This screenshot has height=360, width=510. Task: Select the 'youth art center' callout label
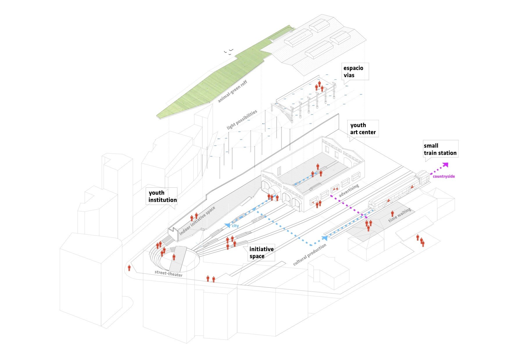[x=363, y=129]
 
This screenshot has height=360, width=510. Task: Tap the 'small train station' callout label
[x=440, y=149]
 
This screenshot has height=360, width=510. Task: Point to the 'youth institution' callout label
[x=162, y=196]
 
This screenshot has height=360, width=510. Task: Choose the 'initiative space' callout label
[x=261, y=253]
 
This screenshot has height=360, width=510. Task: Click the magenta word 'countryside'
[x=444, y=176]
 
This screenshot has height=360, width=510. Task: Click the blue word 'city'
[x=235, y=226]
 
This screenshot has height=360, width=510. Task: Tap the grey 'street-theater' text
[x=169, y=273]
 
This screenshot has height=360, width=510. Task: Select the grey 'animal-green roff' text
[x=232, y=91]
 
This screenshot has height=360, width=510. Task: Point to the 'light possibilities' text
[x=242, y=120]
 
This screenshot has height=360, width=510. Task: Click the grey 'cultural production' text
[x=309, y=255]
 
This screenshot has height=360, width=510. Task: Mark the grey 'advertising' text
[x=349, y=190]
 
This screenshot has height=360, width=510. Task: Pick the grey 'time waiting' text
[x=400, y=215]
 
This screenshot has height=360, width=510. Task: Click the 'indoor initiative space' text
[x=197, y=221]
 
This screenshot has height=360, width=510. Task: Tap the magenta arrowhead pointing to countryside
[x=445, y=165]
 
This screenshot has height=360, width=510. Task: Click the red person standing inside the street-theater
[x=174, y=257]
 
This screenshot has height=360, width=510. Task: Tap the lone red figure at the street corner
[x=129, y=268]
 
